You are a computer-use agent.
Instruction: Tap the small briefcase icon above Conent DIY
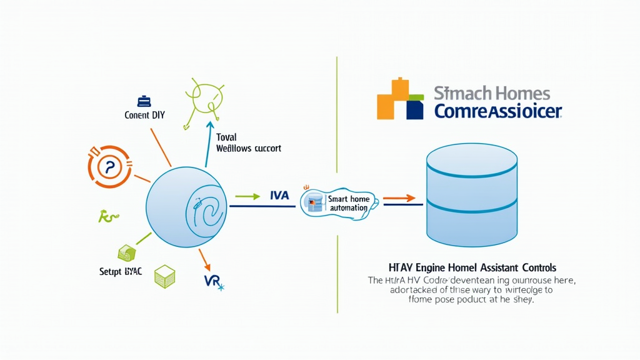pyautogui.click(x=144, y=101)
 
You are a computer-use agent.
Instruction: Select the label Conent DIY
pyautogui.click(x=145, y=115)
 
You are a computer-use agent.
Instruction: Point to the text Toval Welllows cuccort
pyautogui.click(x=247, y=143)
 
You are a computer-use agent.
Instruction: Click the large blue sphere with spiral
pyautogui.click(x=186, y=206)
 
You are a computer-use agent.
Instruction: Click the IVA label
pyautogui.click(x=279, y=196)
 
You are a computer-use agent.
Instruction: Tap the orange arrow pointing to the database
pyautogui.click(x=399, y=199)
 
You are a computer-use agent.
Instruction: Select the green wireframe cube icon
pyautogui.click(x=165, y=276)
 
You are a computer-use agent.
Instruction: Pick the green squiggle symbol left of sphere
pyautogui.click(x=108, y=217)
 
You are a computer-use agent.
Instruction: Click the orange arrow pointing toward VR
pyautogui.click(x=203, y=257)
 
